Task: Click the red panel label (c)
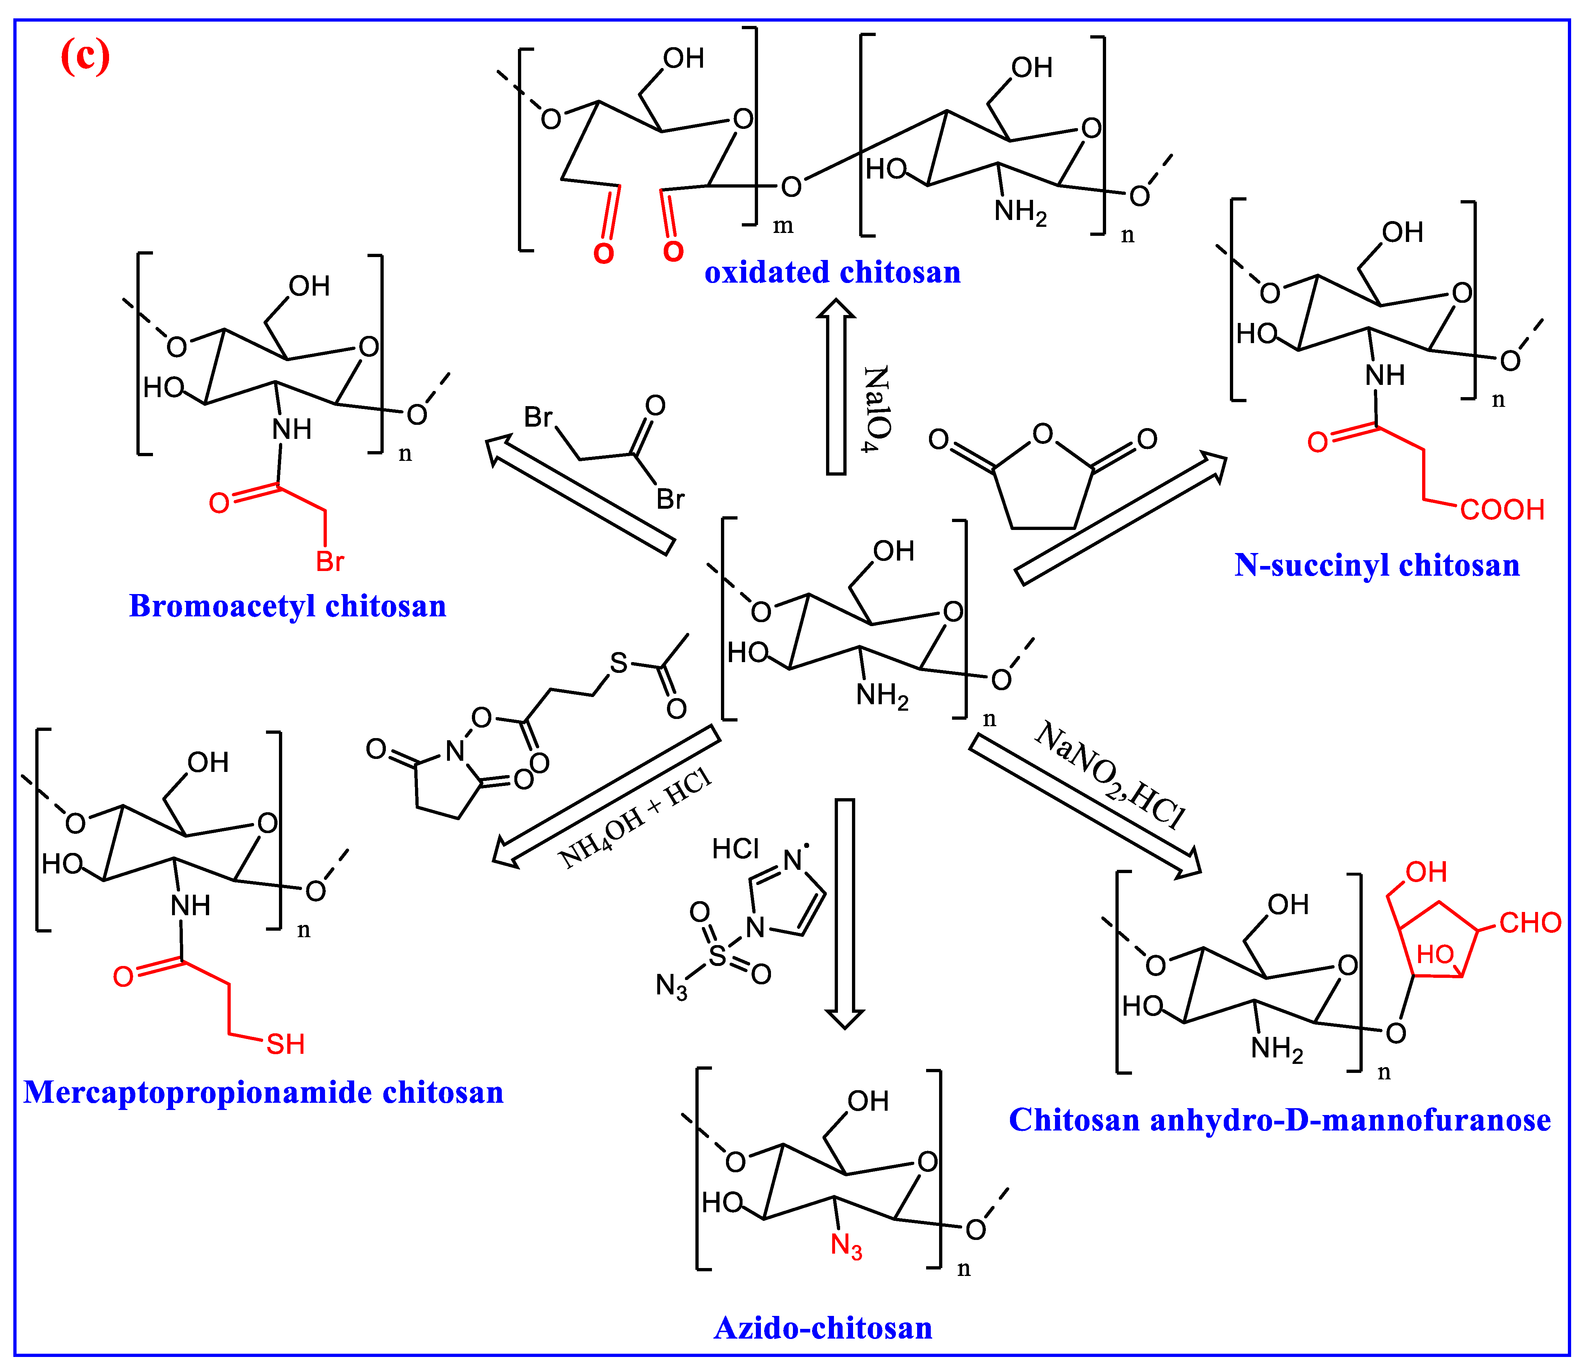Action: (x=85, y=57)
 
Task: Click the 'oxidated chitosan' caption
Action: (x=832, y=272)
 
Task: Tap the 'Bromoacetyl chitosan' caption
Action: (x=288, y=606)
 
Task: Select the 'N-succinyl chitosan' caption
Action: (x=1376, y=565)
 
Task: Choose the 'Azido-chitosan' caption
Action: (x=823, y=1328)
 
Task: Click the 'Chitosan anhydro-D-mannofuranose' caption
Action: (x=1280, y=1120)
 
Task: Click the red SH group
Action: (x=285, y=1044)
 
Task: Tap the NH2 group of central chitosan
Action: (x=882, y=696)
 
